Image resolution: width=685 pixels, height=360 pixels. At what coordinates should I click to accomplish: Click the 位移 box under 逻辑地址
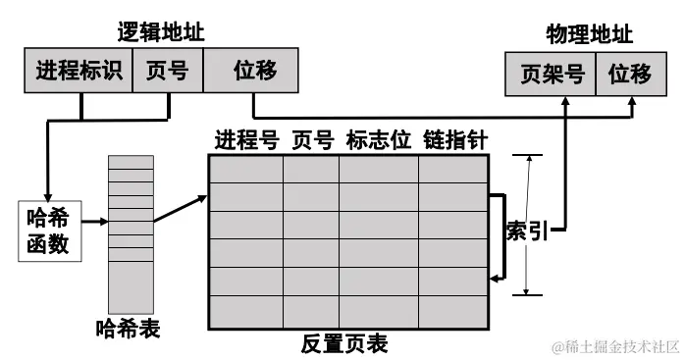(x=253, y=72)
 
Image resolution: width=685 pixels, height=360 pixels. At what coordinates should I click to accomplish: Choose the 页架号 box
(x=550, y=76)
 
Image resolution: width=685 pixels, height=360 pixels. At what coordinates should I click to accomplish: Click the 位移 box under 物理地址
(x=629, y=76)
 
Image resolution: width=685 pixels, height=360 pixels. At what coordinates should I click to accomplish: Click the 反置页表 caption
(x=344, y=343)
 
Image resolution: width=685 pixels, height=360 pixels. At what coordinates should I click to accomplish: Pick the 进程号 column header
(x=246, y=139)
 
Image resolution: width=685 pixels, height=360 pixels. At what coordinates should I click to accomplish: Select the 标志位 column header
(x=379, y=139)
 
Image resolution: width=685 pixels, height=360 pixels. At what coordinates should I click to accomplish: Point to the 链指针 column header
(x=454, y=139)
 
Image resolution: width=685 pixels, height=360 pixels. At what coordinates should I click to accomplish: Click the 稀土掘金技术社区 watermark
(x=614, y=347)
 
